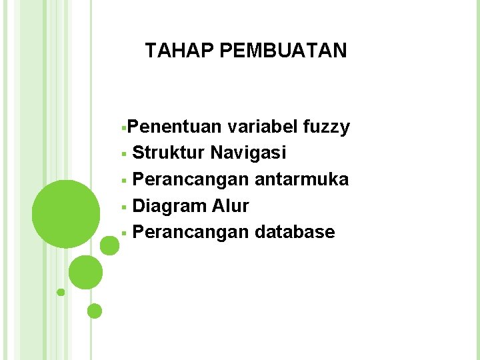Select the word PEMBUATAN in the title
tap(283, 51)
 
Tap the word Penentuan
tap(175, 127)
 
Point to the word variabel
tap(264, 127)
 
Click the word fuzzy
tap(327, 127)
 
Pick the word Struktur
tap(169, 153)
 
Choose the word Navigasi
tap(249, 153)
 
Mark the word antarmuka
tap(301, 179)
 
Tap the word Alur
tap(231, 206)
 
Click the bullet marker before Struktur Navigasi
tap(125, 154)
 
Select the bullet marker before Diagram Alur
tap(125, 207)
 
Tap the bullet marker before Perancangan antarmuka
tap(125, 181)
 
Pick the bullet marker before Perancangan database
tap(125, 233)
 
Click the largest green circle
tap(66, 214)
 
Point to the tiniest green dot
tap(61, 292)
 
